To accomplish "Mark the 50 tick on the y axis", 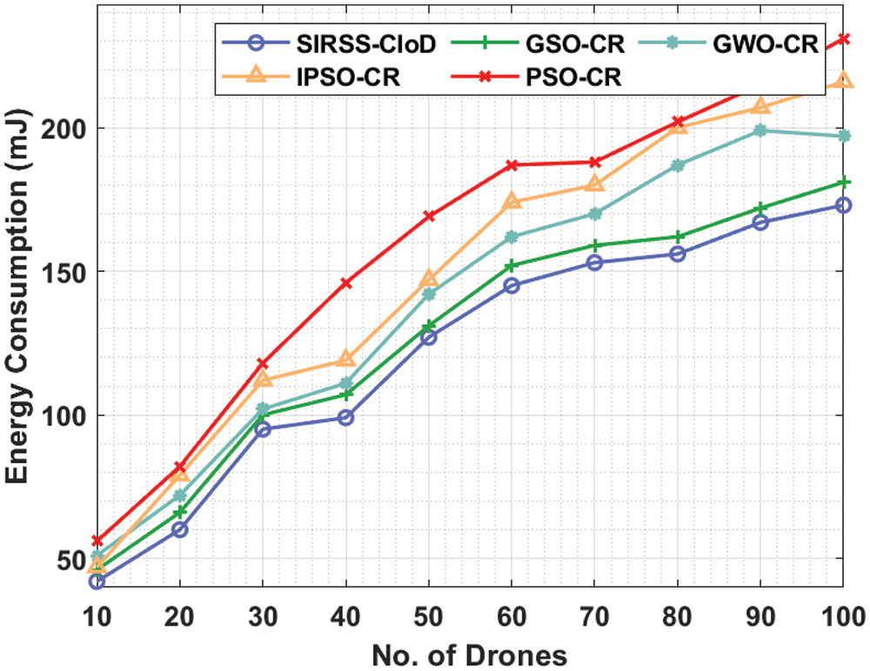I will click(70, 559).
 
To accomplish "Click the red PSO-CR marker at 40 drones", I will click(345, 282).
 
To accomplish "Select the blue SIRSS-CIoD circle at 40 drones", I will click(345, 417).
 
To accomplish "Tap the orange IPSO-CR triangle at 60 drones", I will click(512, 202).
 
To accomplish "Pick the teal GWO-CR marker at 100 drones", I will click(843, 136).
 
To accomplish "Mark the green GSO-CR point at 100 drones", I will click(843, 182).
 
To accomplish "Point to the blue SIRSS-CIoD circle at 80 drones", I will click(678, 254).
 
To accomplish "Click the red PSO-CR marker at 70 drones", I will click(595, 162).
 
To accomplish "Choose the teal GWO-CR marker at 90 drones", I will click(760, 130).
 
